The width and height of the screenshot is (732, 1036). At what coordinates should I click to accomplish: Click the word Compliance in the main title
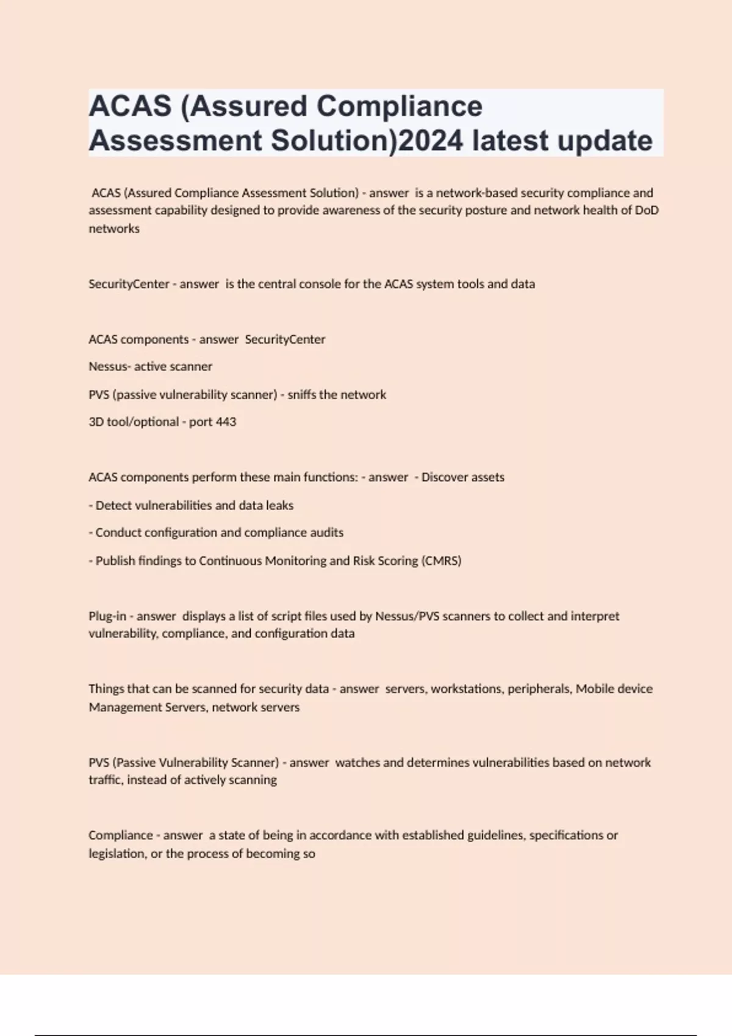pyautogui.click(x=400, y=107)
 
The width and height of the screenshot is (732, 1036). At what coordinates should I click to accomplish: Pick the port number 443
pyautogui.click(x=226, y=422)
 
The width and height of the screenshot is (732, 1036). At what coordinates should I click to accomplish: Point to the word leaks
pyautogui.click(x=280, y=505)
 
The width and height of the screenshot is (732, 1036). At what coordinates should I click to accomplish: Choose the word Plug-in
pyautogui.click(x=107, y=616)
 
